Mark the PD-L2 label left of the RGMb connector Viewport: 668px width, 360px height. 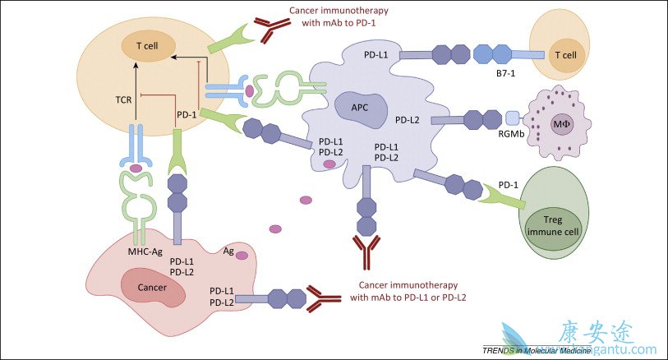point(408,120)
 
